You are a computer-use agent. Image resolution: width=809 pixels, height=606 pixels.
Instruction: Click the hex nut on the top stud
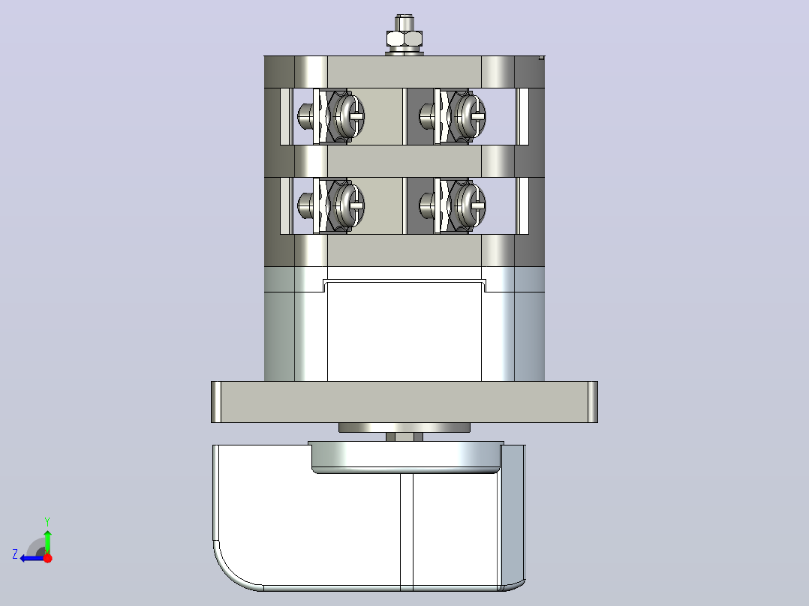point(404,39)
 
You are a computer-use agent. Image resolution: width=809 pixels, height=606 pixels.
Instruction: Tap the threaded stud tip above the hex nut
point(404,22)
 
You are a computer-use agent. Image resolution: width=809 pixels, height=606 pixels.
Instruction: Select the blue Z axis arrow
point(32,558)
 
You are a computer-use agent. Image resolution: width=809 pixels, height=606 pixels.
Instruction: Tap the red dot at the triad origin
point(48,558)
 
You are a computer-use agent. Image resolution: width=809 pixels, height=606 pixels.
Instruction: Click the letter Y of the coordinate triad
point(47,521)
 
